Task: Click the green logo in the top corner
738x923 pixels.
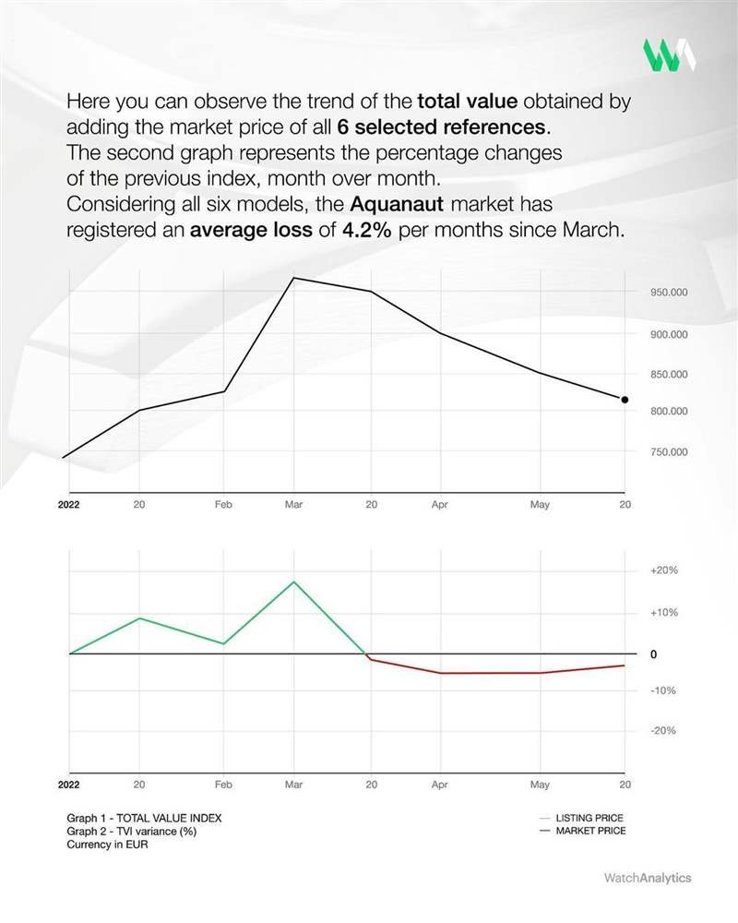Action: [669, 55]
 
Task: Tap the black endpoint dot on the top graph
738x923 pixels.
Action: [625, 400]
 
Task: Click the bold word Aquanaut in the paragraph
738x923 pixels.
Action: [397, 202]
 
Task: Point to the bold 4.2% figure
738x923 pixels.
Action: [367, 229]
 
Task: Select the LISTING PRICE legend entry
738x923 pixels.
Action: [589, 818]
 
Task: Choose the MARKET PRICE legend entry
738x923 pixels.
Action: [590, 831]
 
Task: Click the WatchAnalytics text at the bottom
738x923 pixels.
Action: [647, 878]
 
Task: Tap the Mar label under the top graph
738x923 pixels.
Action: [294, 506]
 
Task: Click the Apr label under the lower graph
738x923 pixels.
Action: [439, 785]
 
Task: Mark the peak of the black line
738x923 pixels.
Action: [294, 277]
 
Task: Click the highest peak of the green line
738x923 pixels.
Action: [294, 581]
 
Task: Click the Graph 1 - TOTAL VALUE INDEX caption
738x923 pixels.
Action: [144, 818]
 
